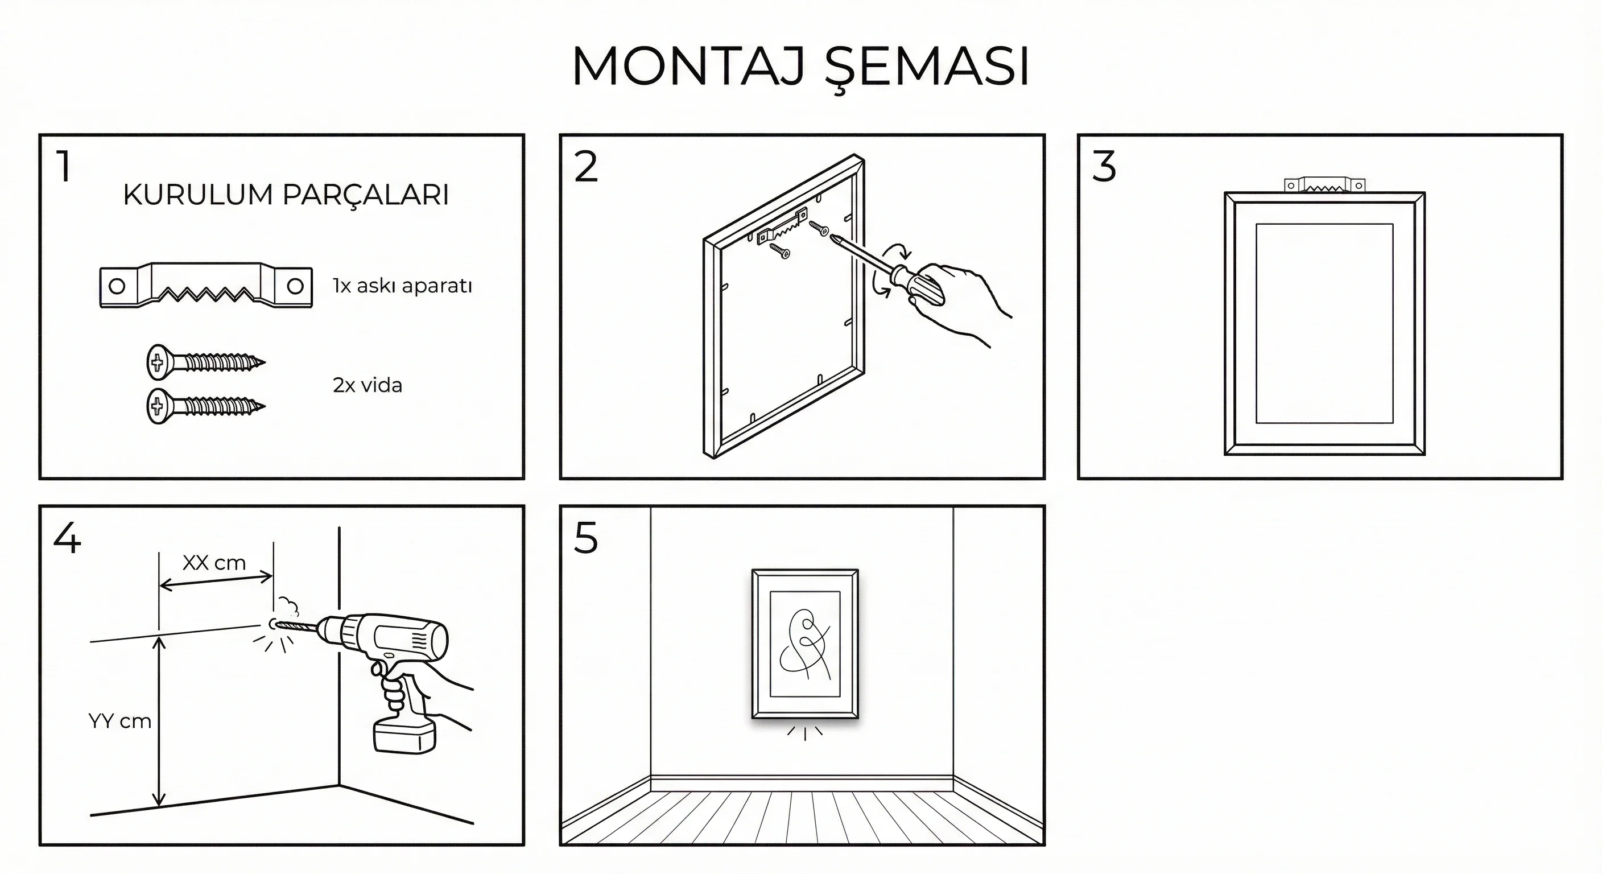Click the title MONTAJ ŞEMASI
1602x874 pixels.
click(x=800, y=67)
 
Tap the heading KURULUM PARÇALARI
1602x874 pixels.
click(x=286, y=195)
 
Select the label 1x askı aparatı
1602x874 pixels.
click(x=402, y=286)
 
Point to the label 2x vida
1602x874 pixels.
click(x=368, y=385)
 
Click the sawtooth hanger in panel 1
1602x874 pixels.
click(x=206, y=286)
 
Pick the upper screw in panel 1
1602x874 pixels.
click(x=206, y=361)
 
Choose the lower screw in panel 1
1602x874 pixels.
click(x=206, y=406)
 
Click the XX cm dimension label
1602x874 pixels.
click(x=214, y=563)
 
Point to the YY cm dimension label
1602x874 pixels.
click(x=120, y=721)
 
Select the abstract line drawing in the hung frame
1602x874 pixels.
click(x=806, y=644)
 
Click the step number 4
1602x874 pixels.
click(x=67, y=538)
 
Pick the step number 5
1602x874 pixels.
click(x=586, y=538)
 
